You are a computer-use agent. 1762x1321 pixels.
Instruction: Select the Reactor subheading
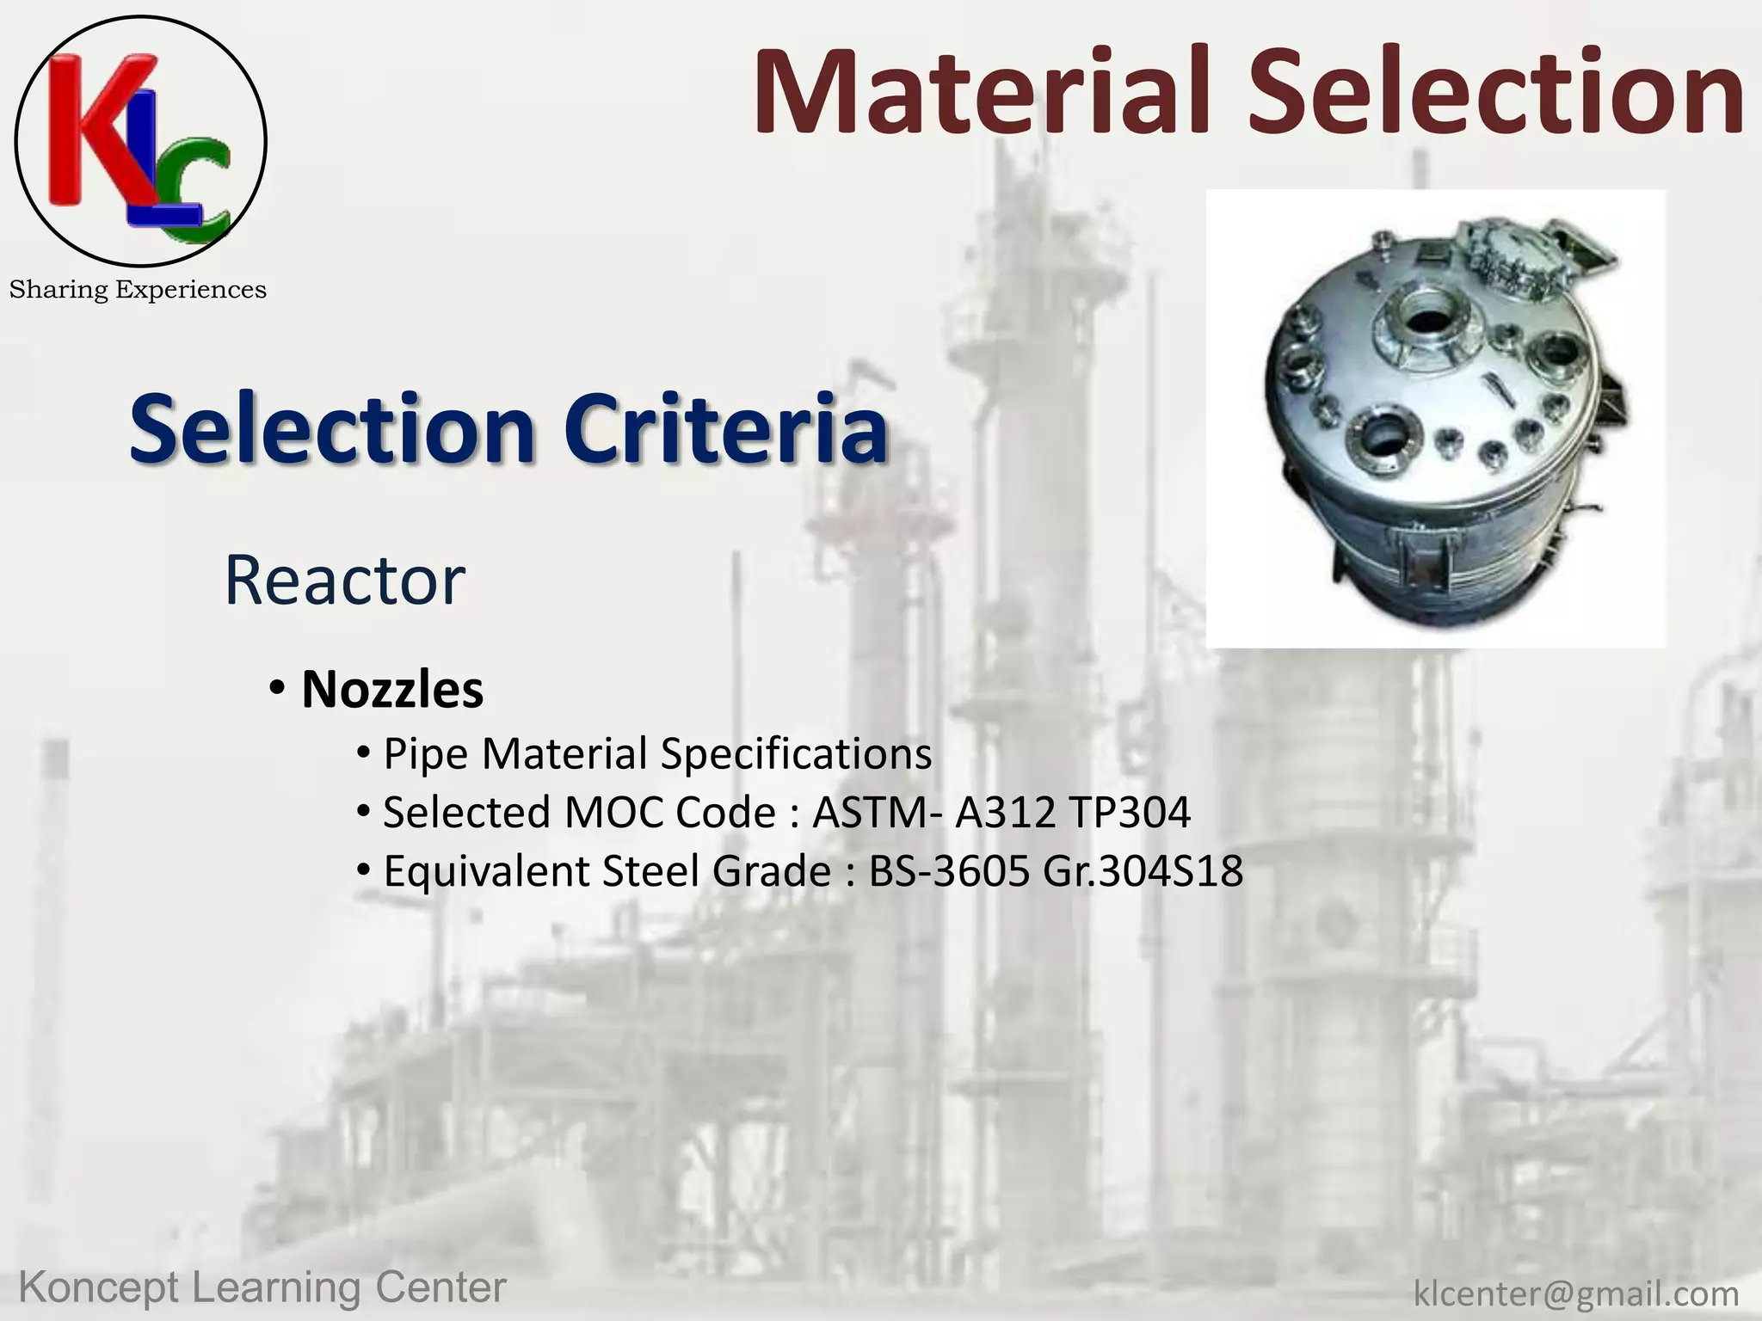[344, 581]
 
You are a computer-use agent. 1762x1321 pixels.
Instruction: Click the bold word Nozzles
[392, 690]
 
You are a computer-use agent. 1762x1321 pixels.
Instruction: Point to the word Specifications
[796, 754]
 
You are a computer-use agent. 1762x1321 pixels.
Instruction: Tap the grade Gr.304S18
[1143, 871]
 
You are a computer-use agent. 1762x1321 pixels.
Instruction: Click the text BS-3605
[949, 871]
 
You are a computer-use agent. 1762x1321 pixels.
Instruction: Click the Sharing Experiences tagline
[138, 290]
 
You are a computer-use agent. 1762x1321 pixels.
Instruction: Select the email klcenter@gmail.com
[1576, 1293]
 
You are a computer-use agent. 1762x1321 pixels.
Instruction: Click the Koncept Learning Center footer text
[262, 1288]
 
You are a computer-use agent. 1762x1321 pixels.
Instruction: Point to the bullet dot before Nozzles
[276, 689]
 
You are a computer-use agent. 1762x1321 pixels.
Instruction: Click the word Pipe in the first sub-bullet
[426, 755]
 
